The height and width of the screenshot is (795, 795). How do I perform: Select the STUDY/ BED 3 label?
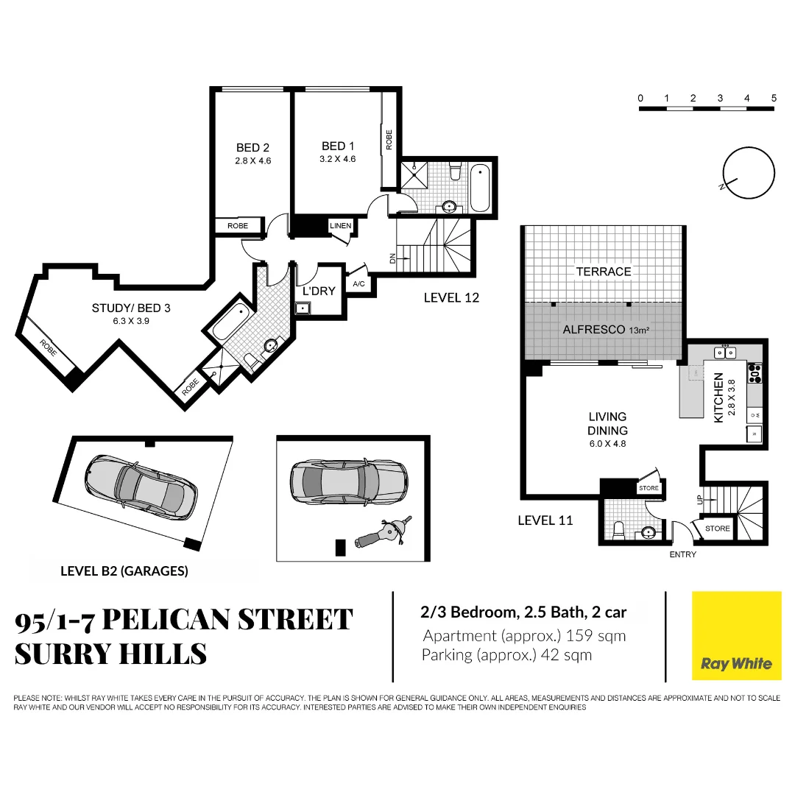point(131,308)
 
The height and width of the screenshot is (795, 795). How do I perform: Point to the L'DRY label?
point(319,291)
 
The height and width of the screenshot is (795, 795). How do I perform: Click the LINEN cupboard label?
point(340,225)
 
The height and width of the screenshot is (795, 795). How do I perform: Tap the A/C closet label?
point(359,283)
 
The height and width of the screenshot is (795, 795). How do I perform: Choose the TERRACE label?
point(604,272)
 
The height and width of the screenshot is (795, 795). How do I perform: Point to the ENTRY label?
point(682,554)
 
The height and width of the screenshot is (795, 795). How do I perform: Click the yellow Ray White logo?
point(736,635)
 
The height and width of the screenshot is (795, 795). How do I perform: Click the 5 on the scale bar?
point(774,98)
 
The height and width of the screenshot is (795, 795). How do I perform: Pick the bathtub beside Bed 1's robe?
point(480,188)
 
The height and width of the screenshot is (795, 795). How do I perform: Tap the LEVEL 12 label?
point(452,297)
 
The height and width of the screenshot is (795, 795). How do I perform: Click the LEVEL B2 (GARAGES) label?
point(124,570)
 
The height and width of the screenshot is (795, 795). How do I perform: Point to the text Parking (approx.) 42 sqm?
point(506,655)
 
